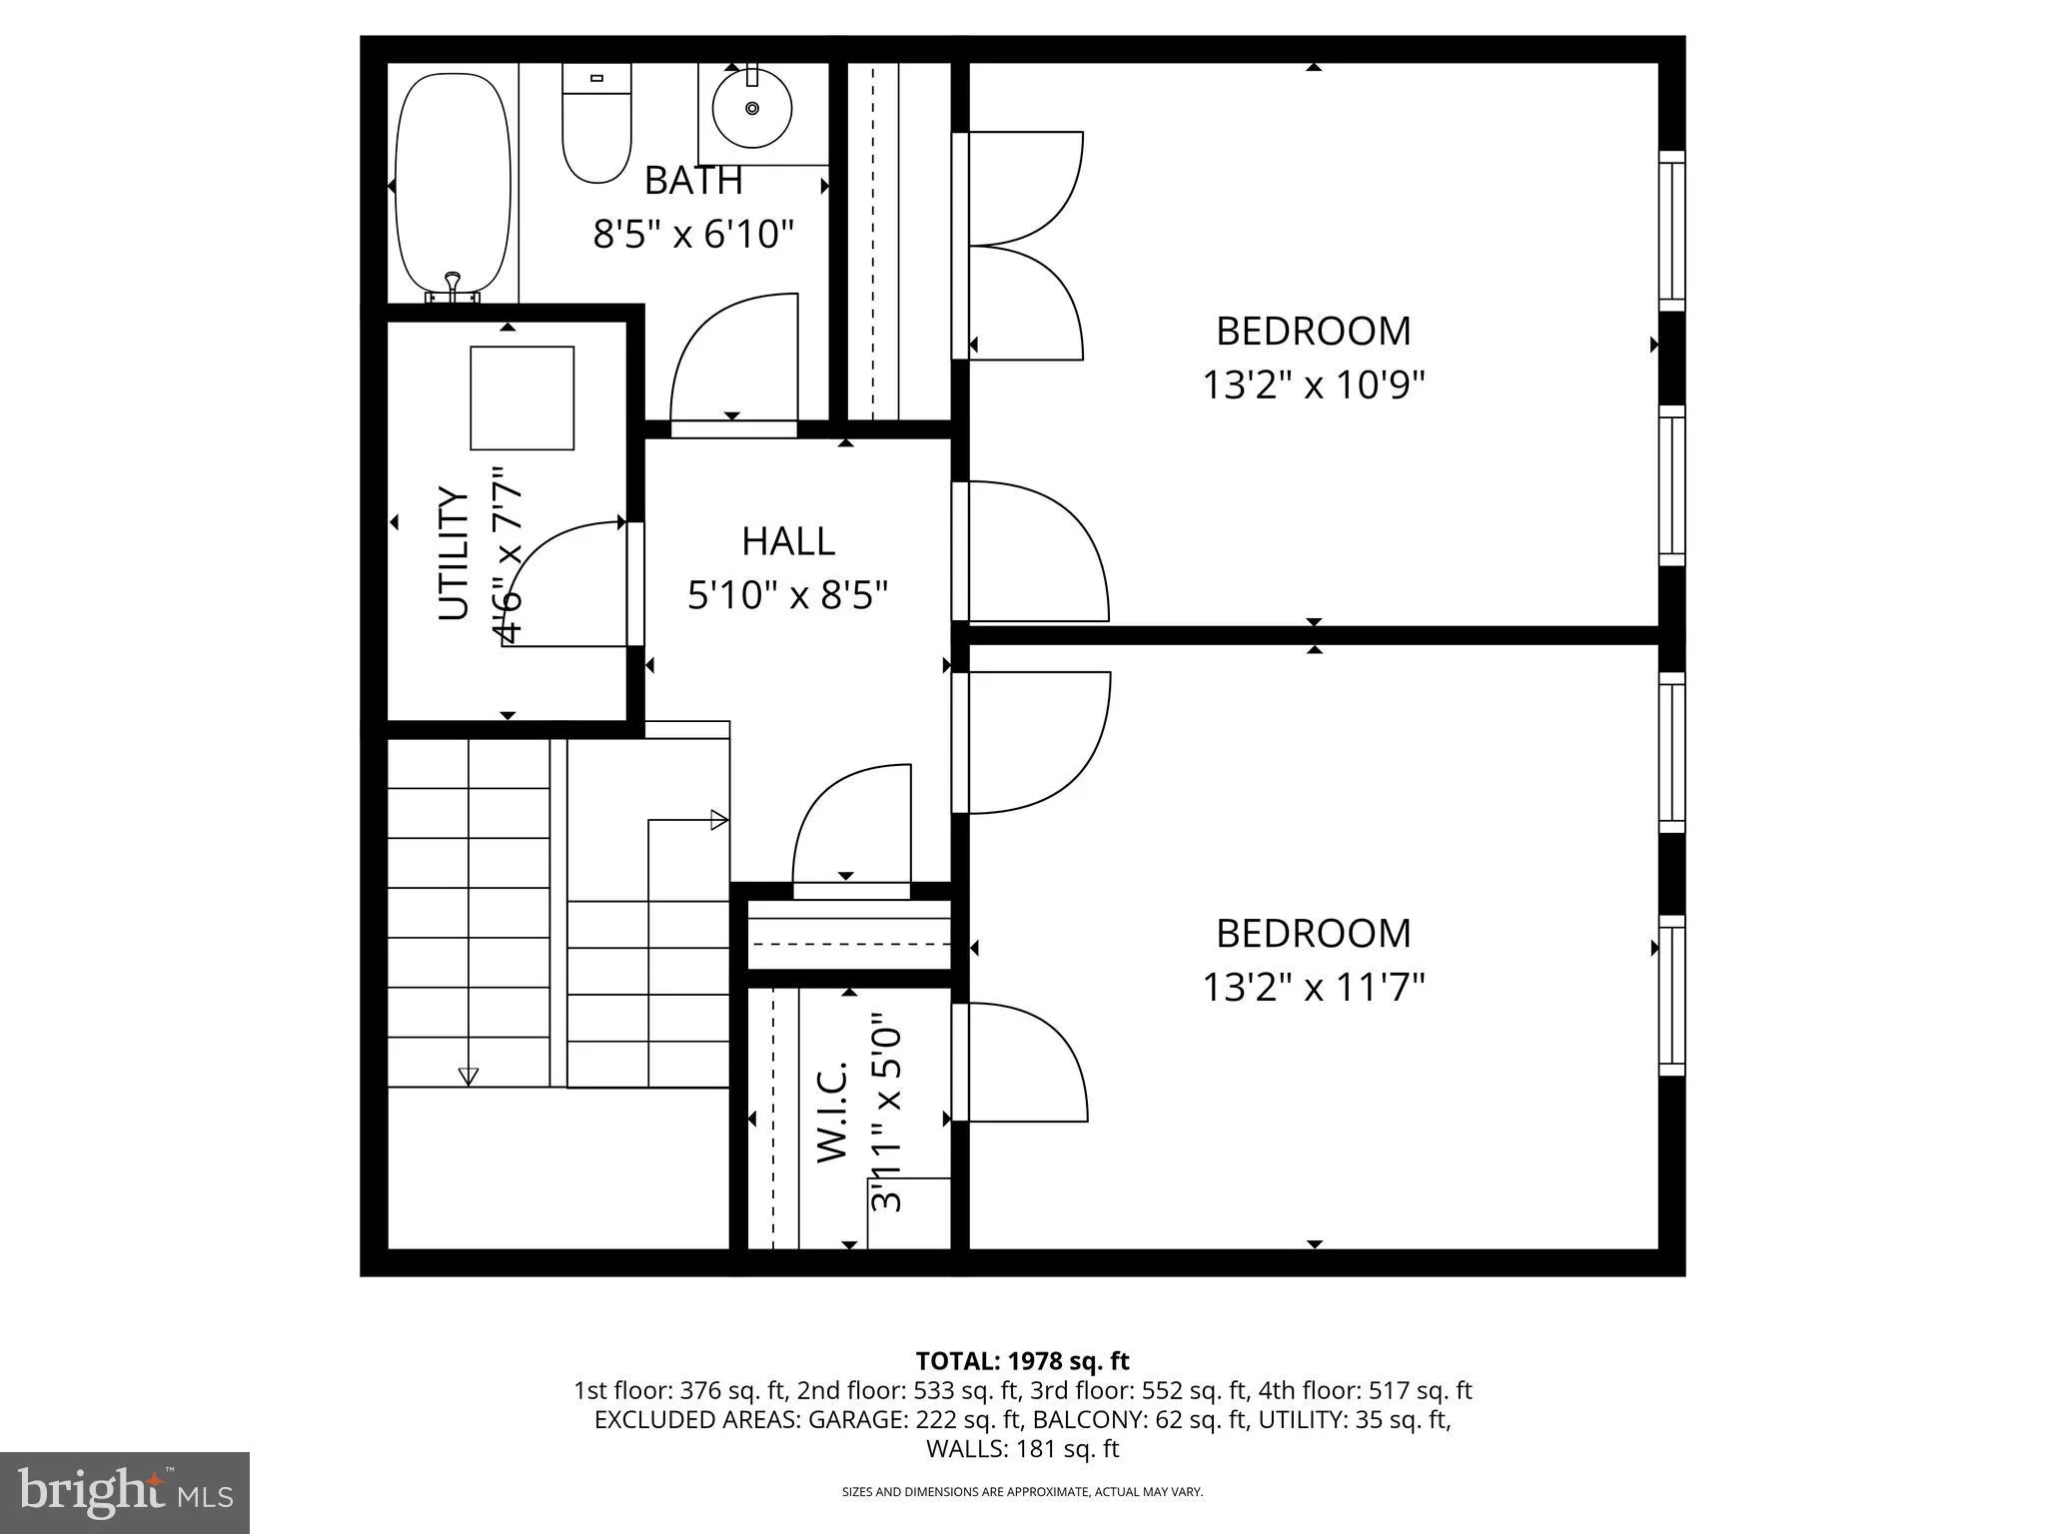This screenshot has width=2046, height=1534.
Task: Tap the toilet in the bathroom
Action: pos(596,123)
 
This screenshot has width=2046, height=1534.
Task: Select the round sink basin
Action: pos(751,108)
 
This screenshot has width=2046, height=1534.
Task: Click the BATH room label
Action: pos(693,181)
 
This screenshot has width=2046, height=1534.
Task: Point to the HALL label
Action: pos(788,541)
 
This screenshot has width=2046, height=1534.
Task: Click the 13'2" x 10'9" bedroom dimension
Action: pos(1313,384)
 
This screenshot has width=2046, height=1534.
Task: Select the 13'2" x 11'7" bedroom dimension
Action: pos(1313,988)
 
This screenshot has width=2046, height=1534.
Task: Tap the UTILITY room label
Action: pos(454,553)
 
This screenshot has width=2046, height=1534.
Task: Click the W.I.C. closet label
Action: pos(832,1112)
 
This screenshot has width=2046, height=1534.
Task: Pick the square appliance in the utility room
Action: pos(522,398)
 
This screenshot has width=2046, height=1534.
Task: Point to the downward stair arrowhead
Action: pos(468,1077)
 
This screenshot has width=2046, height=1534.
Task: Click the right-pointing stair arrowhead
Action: pos(719,821)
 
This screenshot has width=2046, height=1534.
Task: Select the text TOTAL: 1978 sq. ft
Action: pos(1022,1361)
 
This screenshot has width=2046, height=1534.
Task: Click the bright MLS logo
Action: pos(125,1492)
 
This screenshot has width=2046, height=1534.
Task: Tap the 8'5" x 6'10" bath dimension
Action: pos(693,236)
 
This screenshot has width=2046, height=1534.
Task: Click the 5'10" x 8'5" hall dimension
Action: pos(788,596)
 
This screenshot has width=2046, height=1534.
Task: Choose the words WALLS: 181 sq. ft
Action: pos(1022,1449)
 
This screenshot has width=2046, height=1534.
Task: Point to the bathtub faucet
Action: pos(453,287)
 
